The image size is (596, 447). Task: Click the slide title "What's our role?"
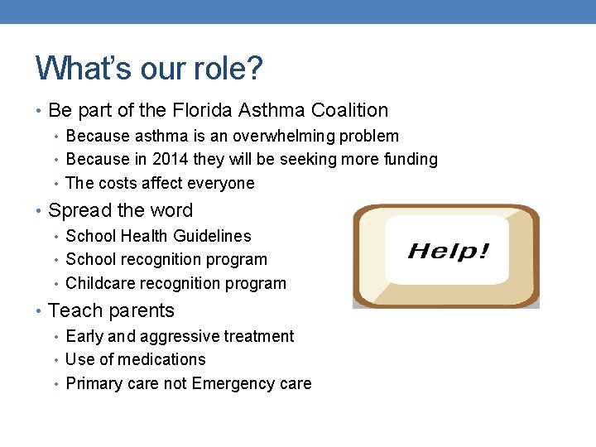pyautogui.click(x=149, y=68)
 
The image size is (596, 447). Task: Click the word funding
pyautogui.click(x=407, y=159)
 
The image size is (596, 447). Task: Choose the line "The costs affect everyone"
pyautogui.click(x=160, y=183)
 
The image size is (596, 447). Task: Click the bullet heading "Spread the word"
pyautogui.click(x=120, y=210)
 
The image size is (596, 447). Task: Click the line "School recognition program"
pyautogui.click(x=166, y=260)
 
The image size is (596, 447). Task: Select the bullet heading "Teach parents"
pyautogui.click(x=112, y=310)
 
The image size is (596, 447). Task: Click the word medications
pyautogui.click(x=161, y=359)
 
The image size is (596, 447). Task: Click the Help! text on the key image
pyautogui.click(x=448, y=251)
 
